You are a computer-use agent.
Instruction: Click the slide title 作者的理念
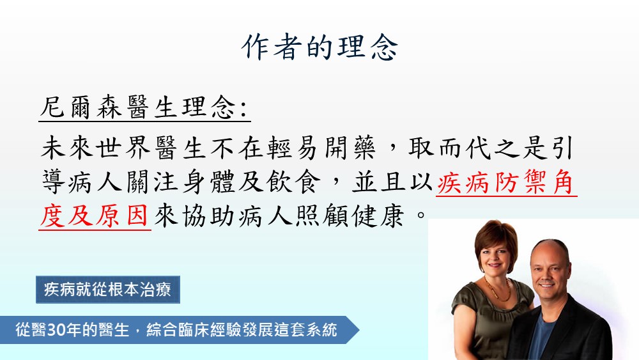pyautogui.click(x=319, y=47)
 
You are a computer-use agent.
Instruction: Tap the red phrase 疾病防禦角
pyautogui.click(x=505, y=182)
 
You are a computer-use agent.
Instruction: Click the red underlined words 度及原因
pyautogui.click(x=94, y=215)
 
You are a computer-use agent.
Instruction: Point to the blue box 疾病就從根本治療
pyautogui.click(x=108, y=290)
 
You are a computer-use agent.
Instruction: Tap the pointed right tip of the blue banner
pyautogui.click(x=359, y=329)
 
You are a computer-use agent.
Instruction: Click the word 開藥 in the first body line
pyautogui.click(x=350, y=148)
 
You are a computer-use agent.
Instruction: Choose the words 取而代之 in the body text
pyautogui.click(x=464, y=148)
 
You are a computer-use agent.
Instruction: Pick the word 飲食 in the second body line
pyautogui.click(x=293, y=182)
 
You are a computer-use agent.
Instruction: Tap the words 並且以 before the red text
pyautogui.click(x=392, y=182)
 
